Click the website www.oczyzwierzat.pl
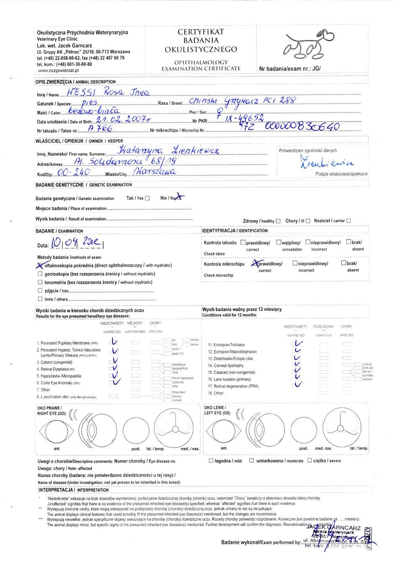coord(58,70)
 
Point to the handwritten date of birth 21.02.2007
coord(123,120)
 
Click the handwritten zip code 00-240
coord(74,172)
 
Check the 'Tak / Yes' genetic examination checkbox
coord(147,199)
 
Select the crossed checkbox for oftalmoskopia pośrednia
coord(40,265)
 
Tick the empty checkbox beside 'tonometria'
coord(40,282)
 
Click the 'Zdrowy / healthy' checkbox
coord(278,221)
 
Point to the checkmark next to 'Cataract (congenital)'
coord(115,361)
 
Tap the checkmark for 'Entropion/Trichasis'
coord(299,344)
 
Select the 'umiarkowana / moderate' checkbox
coord(251,461)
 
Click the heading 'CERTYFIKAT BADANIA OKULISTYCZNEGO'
coord(201,40)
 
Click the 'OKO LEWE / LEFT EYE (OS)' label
coord(217,411)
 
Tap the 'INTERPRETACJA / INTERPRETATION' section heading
coord(73,490)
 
